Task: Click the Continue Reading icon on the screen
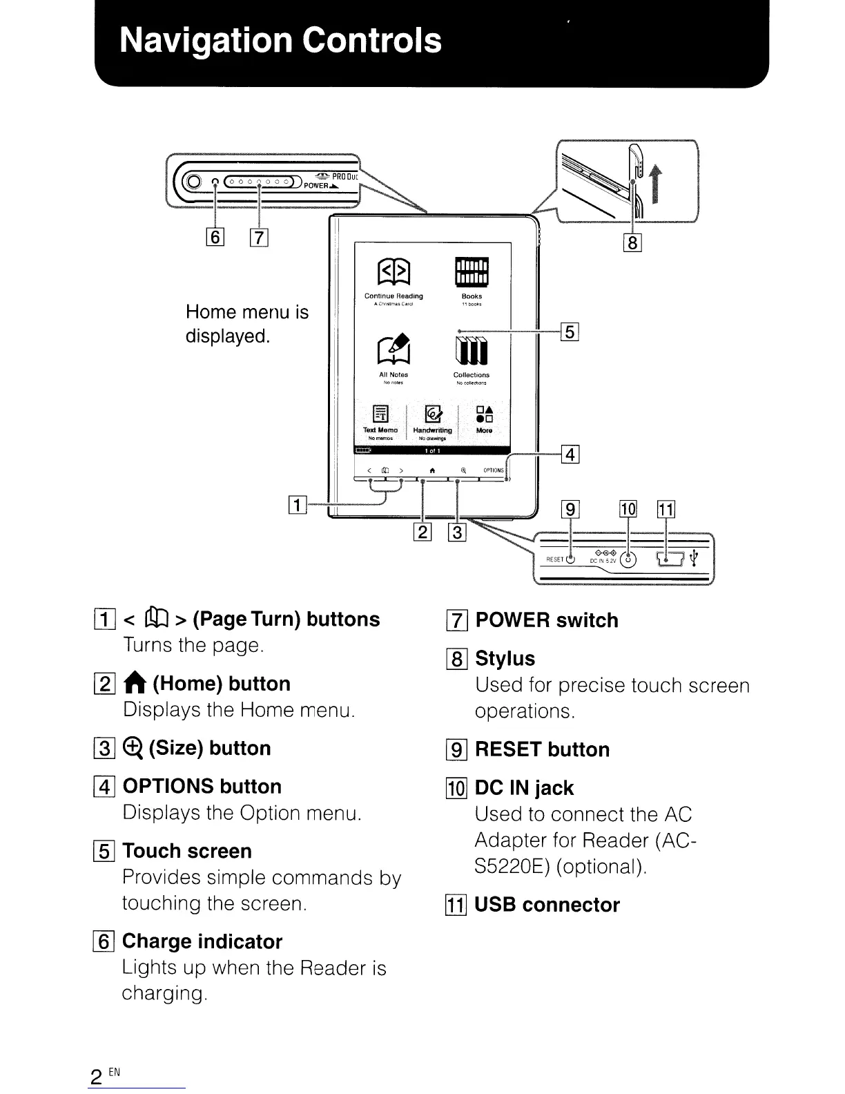(394, 273)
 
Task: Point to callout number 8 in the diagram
(632, 242)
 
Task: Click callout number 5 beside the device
(569, 332)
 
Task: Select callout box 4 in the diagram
(570, 454)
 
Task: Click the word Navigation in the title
(205, 40)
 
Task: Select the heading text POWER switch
(546, 620)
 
